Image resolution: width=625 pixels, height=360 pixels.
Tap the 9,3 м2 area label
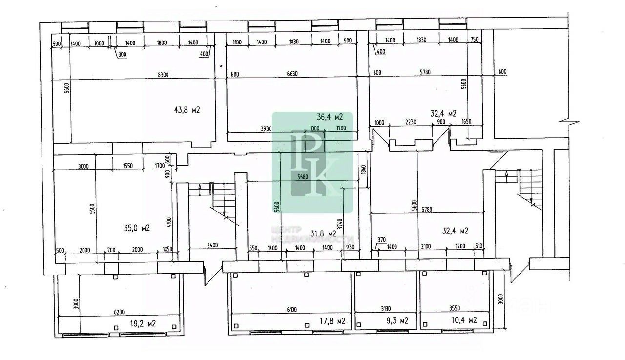pos(395,321)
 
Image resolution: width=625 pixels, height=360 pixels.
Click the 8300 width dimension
pos(163,74)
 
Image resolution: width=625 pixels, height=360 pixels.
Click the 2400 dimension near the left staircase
pos(212,245)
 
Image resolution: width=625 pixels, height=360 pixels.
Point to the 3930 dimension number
pos(266,128)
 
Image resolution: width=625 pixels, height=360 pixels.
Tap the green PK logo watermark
pos(312,163)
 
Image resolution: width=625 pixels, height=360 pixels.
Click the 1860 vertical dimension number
pos(363,170)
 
